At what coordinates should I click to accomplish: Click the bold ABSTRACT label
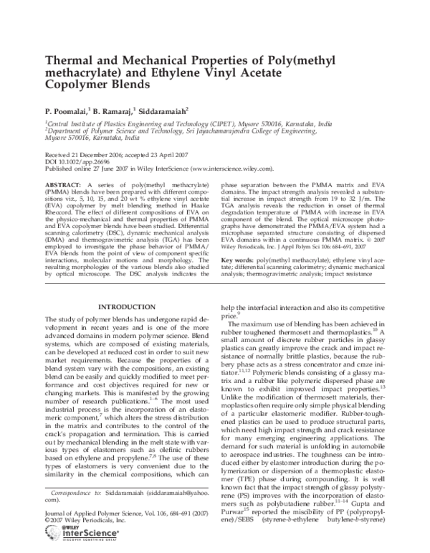[62, 184]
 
